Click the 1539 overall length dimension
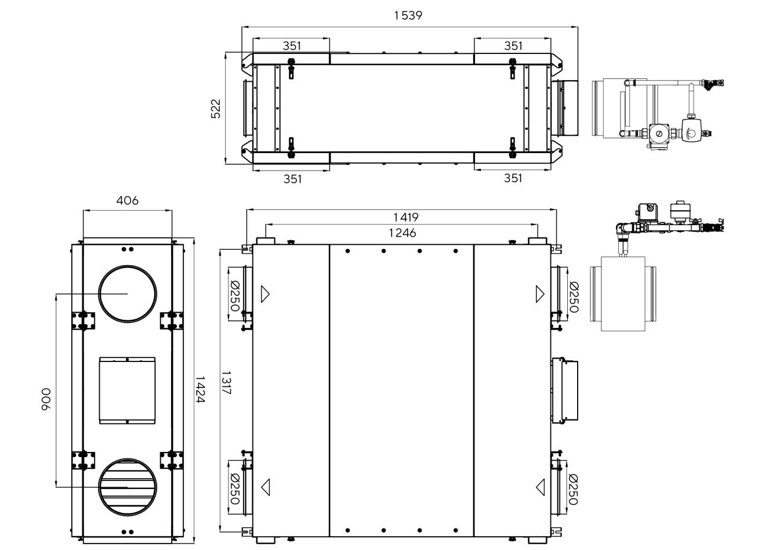[408, 16]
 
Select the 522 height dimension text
[216, 108]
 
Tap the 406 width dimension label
[127, 201]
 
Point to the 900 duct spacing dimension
[46, 399]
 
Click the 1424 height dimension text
[200, 389]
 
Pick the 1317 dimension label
[226, 382]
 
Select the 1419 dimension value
[406, 218]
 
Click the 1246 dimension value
[403, 233]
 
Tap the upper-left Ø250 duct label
[235, 295]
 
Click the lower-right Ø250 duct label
[573, 489]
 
